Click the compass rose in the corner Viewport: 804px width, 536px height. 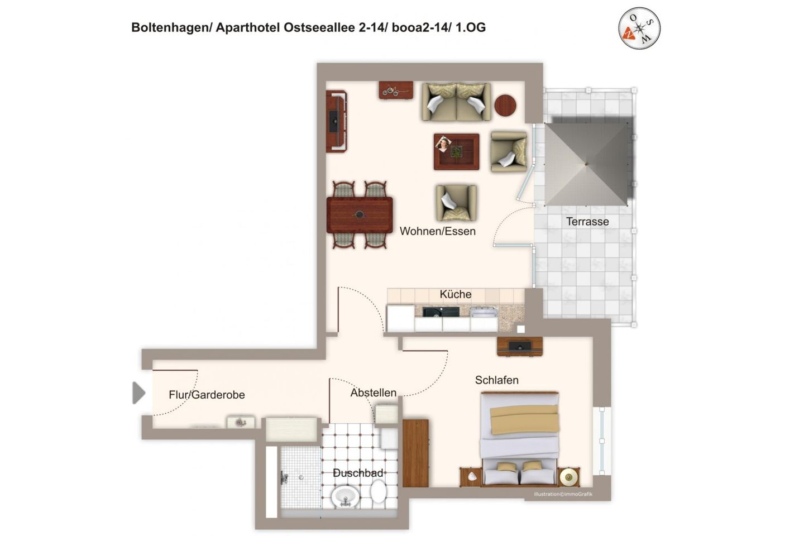639,28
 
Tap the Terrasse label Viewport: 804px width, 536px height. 587,222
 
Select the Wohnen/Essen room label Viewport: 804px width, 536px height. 438,231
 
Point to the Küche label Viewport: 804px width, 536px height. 456,294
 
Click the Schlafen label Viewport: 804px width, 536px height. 497,380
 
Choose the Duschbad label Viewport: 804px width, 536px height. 358,473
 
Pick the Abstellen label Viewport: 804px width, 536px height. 374,393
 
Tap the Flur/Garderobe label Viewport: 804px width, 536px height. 207,395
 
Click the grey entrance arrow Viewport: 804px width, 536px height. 138,393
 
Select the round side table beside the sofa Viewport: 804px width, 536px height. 505,105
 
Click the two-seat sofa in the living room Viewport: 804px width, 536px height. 457,102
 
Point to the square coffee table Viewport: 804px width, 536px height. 456,151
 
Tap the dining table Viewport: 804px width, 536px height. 360,215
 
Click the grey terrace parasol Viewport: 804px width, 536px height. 586,164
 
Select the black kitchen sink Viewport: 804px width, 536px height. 441,312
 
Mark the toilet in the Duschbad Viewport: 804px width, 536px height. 379,492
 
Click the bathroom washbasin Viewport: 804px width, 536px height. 346,496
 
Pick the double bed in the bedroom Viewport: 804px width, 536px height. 520,438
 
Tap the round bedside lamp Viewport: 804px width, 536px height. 569,477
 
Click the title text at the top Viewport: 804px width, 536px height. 308,27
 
